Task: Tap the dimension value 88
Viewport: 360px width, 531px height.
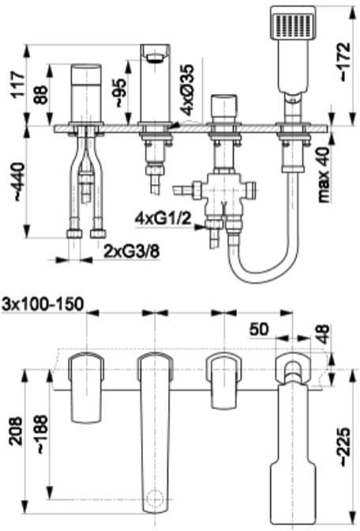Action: tap(41, 95)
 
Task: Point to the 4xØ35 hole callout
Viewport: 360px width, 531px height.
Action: tap(187, 88)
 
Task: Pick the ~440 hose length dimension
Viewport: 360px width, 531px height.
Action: tap(19, 182)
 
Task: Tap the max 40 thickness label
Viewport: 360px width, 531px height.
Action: tap(324, 175)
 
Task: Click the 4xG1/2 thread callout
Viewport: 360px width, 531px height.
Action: tap(163, 219)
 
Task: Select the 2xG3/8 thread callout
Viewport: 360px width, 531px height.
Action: tap(132, 251)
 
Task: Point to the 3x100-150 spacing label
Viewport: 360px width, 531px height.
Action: tap(43, 304)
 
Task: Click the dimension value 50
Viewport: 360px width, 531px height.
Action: tap(259, 329)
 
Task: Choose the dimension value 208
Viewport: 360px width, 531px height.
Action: tap(17, 431)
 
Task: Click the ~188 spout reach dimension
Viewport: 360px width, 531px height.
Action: tap(43, 435)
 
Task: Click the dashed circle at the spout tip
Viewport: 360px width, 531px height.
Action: tap(156, 499)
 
